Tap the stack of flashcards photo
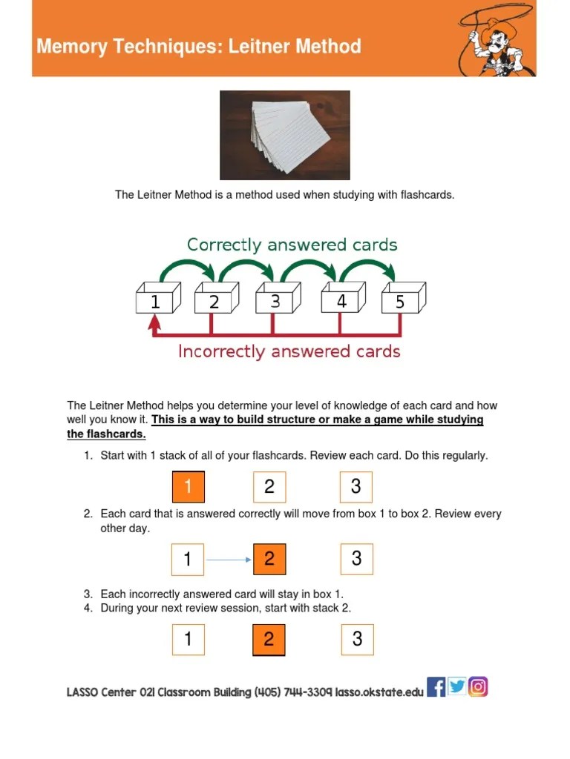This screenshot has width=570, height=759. tap(286, 135)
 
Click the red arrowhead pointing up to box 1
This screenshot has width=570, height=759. tap(154, 322)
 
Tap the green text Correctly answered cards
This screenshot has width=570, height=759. tap(292, 245)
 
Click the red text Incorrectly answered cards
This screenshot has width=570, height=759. tap(289, 351)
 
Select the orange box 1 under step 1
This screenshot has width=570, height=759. tap(188, 486)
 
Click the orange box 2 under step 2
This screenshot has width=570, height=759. tap(269, 559)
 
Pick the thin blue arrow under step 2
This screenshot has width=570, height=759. tap(229, 560)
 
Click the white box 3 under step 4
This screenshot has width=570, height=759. tap(357, 639)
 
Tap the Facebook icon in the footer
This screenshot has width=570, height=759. tap(436, 687)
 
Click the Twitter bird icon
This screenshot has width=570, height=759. tap(457, 687)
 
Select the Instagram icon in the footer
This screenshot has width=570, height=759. tap(479, 687)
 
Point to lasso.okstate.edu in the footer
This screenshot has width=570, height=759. tap(379, 692)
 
